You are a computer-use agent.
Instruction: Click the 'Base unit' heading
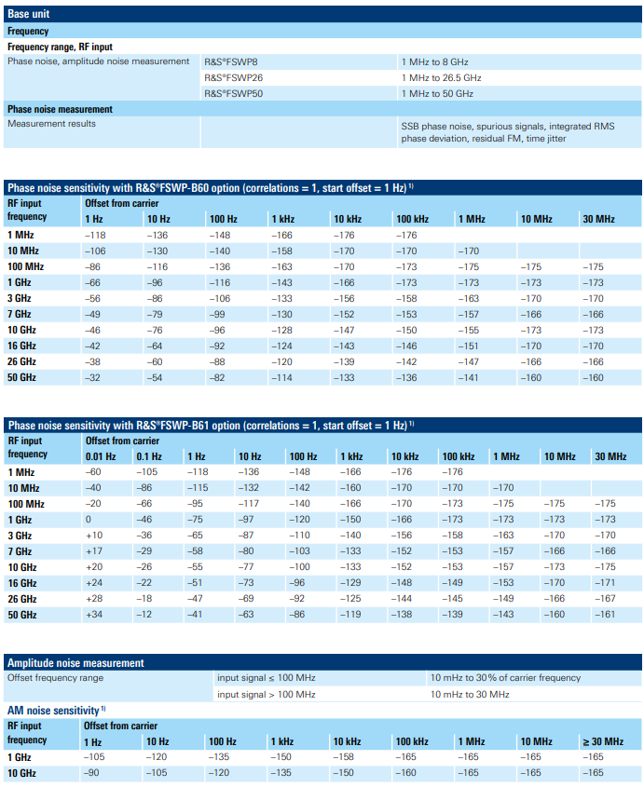pyautogui.click(x=29, y=14)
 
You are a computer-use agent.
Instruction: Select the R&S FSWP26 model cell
pyautogui.click(x=234, y=77)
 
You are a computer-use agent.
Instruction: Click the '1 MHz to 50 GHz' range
pyautogui.click(x=437, y=93)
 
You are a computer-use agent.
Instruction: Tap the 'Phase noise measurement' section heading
pyautogui.click(x=60, y=109)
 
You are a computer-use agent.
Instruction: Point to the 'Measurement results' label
pyautogui.click(x=51, y=124)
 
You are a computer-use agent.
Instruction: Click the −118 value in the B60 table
pyautogui.click(x=95, y=235)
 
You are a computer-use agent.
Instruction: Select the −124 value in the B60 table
pyautogui.click(x=281, y=346)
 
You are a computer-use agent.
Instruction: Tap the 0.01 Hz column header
pyautogui.click(x=101, y=456)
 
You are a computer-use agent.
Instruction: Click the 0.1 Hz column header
pyautogui.click(x=149, y=456)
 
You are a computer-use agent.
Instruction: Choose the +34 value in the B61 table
pyautogui.click(x=93, y=614)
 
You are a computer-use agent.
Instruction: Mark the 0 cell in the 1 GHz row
pyautogui.click(x=89, y=519)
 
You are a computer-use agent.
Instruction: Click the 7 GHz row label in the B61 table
pyautogui.click(x=20, y=551)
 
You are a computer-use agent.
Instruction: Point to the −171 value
pyautogui.click(x=605, y=582)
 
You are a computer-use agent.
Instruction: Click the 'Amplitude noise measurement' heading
pyautogui.click(x=75, y=663)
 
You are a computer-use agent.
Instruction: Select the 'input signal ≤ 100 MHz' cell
pyautogui.click(x=267, y=678)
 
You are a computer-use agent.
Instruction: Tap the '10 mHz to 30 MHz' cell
pyautogui.click(x=470, y=694)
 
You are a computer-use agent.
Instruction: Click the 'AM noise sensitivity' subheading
pyautogui.click(x=53, y=711)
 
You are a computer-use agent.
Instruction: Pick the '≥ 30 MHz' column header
pyautogui.click(x=603, y=741)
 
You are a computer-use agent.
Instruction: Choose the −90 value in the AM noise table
pyautogui.click(x=91, y=773)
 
